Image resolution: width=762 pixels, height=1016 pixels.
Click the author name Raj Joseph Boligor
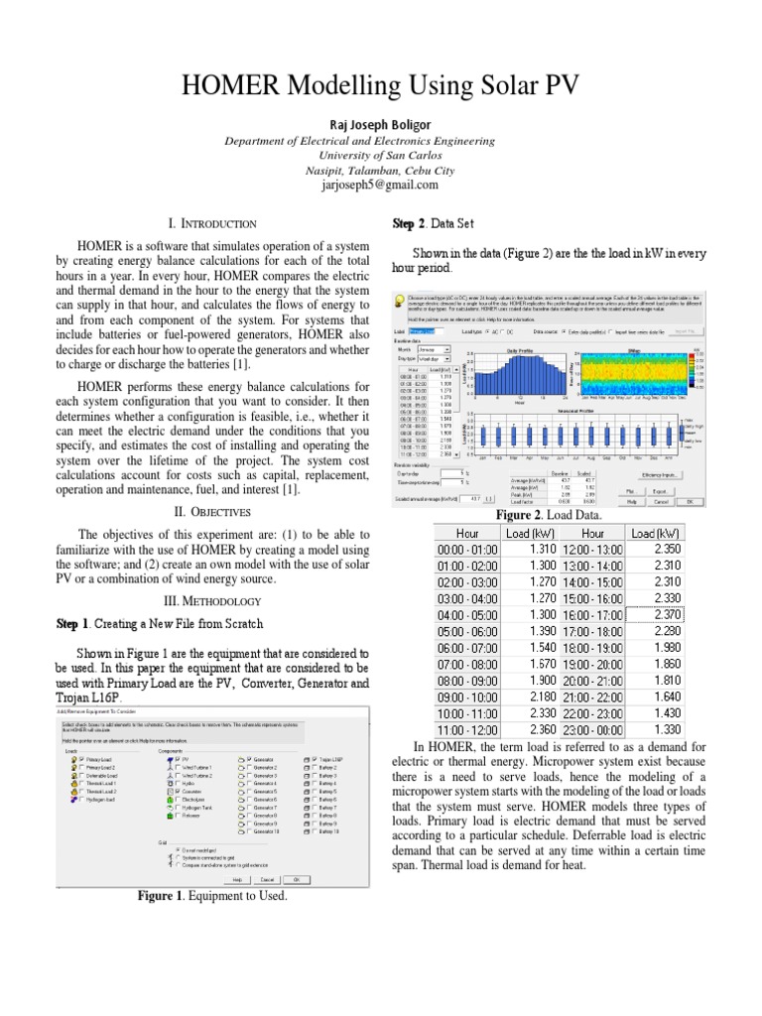click(380, 123)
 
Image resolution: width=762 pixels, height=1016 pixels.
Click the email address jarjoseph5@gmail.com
click(380, 185)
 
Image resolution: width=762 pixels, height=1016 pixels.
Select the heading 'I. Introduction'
click(214, 224)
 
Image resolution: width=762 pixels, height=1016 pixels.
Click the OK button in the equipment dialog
click(296, 879)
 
